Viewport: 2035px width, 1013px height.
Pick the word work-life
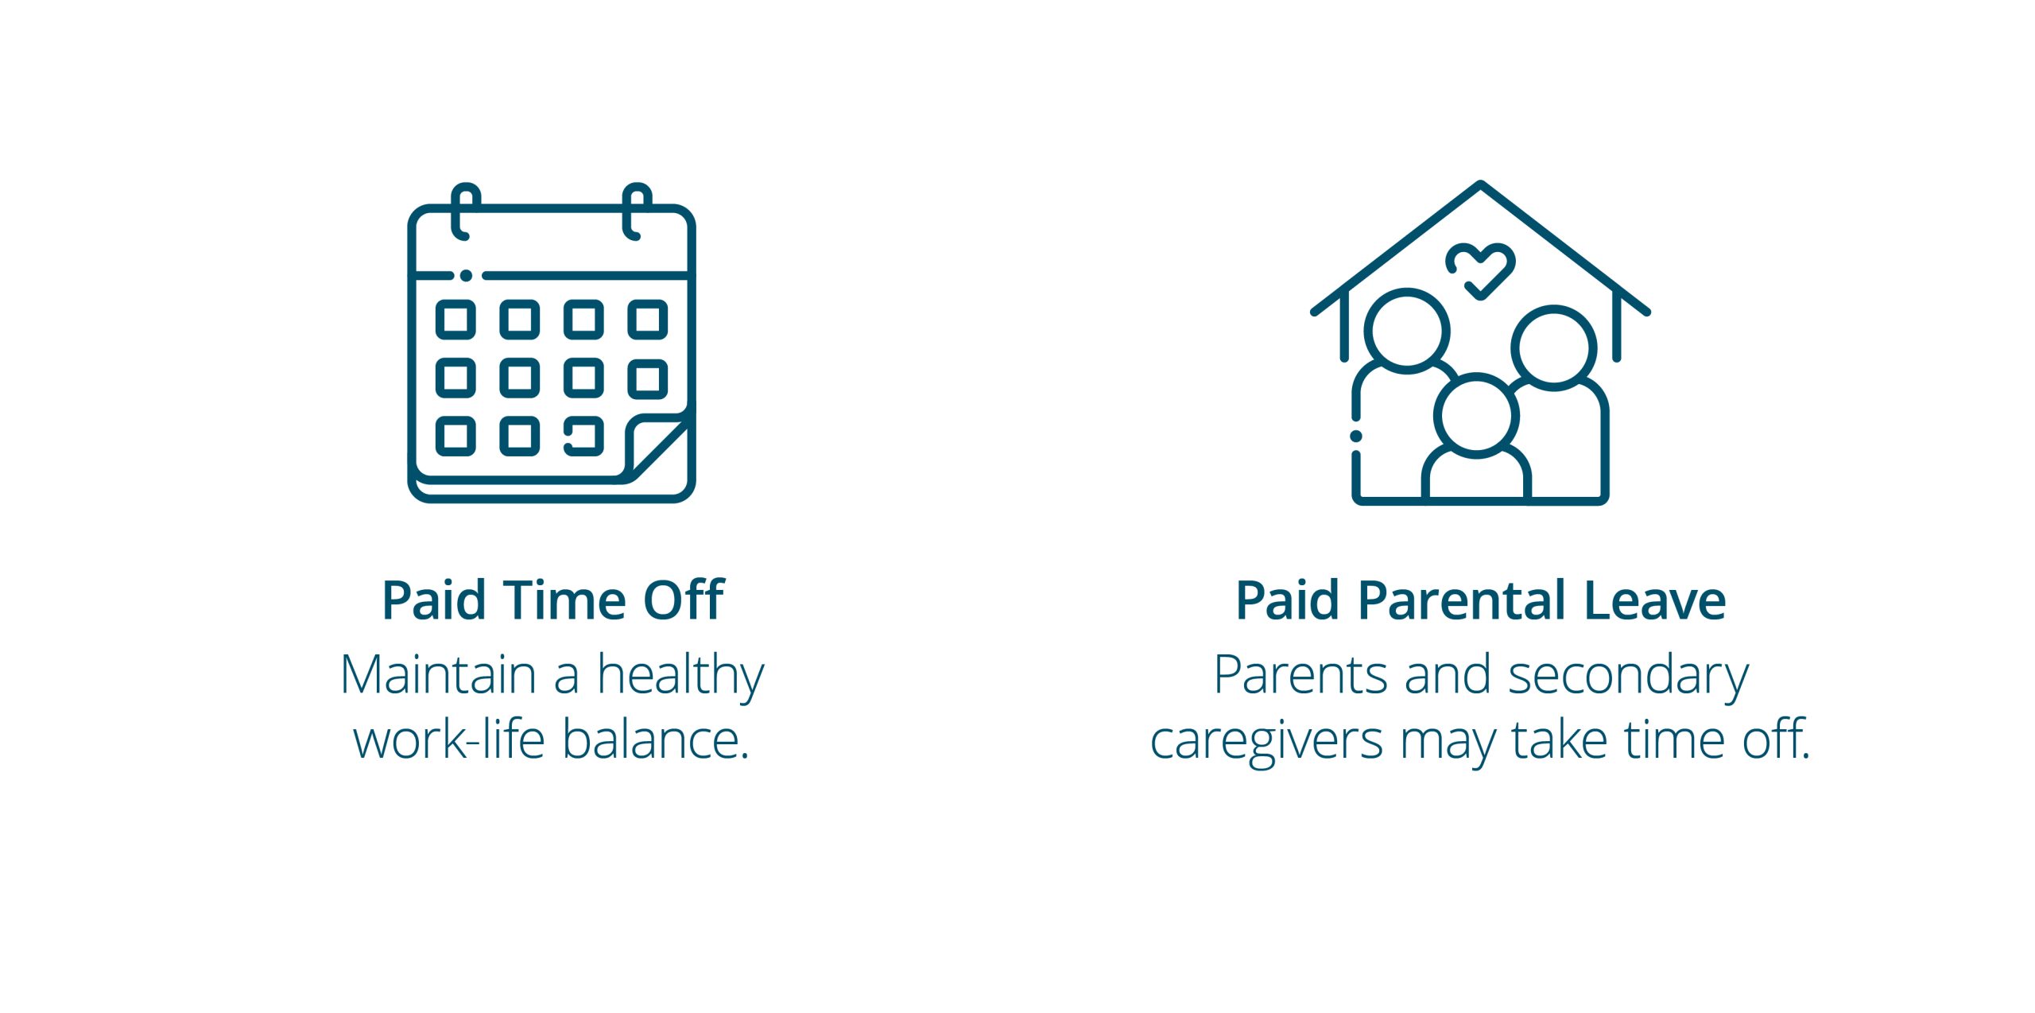[449, 739]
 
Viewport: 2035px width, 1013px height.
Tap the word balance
[656, 739]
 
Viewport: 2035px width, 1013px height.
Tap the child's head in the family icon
[1476, 415]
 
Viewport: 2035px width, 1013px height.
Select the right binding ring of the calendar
[636, 212]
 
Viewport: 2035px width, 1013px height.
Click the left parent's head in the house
[1407, 330]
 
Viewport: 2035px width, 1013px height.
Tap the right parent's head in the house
[1553, 347]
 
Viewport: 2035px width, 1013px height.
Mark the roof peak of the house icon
[1480, 184]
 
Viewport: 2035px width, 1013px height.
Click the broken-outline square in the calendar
[583, 436]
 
